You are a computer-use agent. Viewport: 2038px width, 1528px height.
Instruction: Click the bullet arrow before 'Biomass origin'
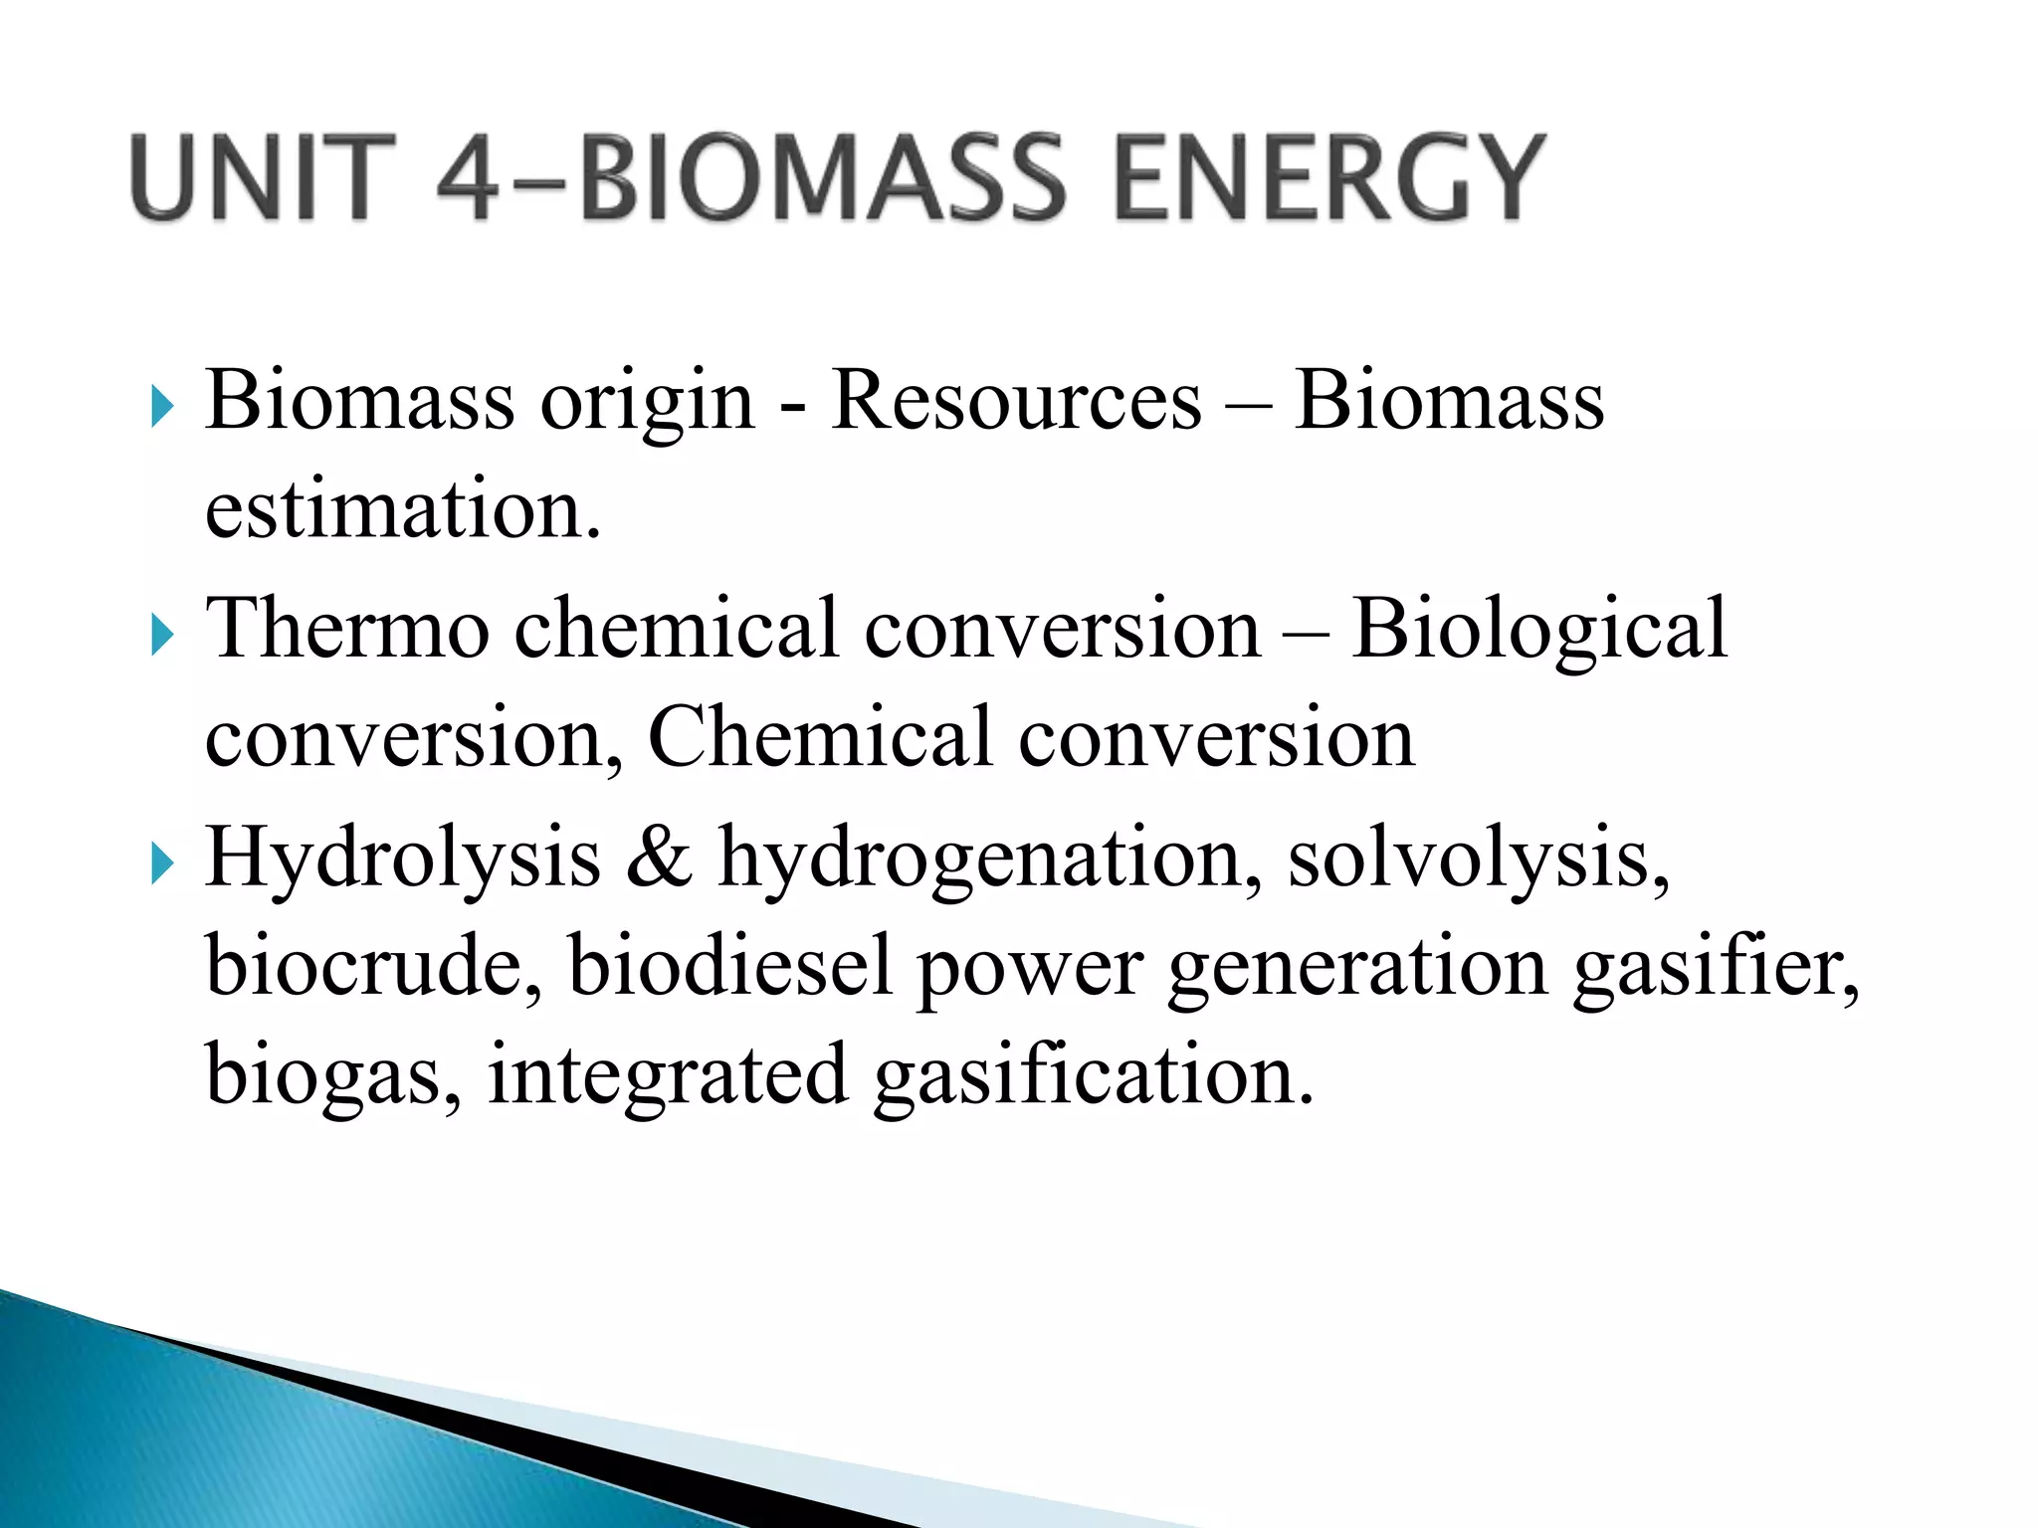coord(161,407)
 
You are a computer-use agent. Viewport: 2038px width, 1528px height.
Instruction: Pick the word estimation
coord(403,509)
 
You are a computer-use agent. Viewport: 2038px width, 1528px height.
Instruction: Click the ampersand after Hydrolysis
coord(659,858)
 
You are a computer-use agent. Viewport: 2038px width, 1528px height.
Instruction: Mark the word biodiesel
coord(729,966)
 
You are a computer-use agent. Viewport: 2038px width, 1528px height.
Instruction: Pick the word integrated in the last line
coord(667,1077)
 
